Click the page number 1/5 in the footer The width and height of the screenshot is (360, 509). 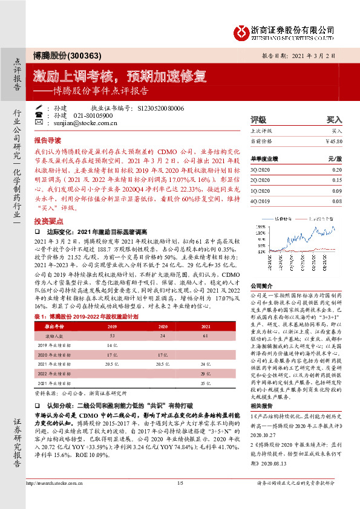click(x=180, y=499)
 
